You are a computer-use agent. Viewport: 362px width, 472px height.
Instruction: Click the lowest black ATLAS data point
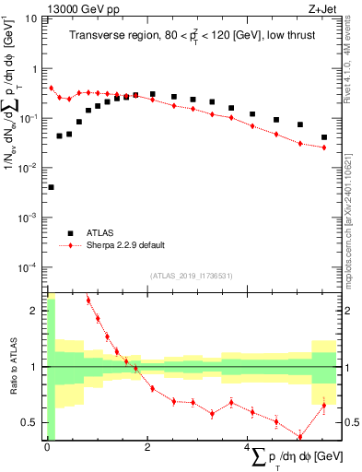(50, 187)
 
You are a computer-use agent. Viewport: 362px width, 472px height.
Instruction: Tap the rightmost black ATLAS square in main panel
(323, 137)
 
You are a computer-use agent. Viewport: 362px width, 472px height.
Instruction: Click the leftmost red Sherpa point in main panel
(51, 88)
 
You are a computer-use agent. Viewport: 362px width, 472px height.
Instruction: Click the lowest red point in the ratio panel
(299, 437)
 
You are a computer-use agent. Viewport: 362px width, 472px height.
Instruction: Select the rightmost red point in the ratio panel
(323, 405)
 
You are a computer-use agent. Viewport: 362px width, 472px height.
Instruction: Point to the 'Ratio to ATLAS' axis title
(12, 367)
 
